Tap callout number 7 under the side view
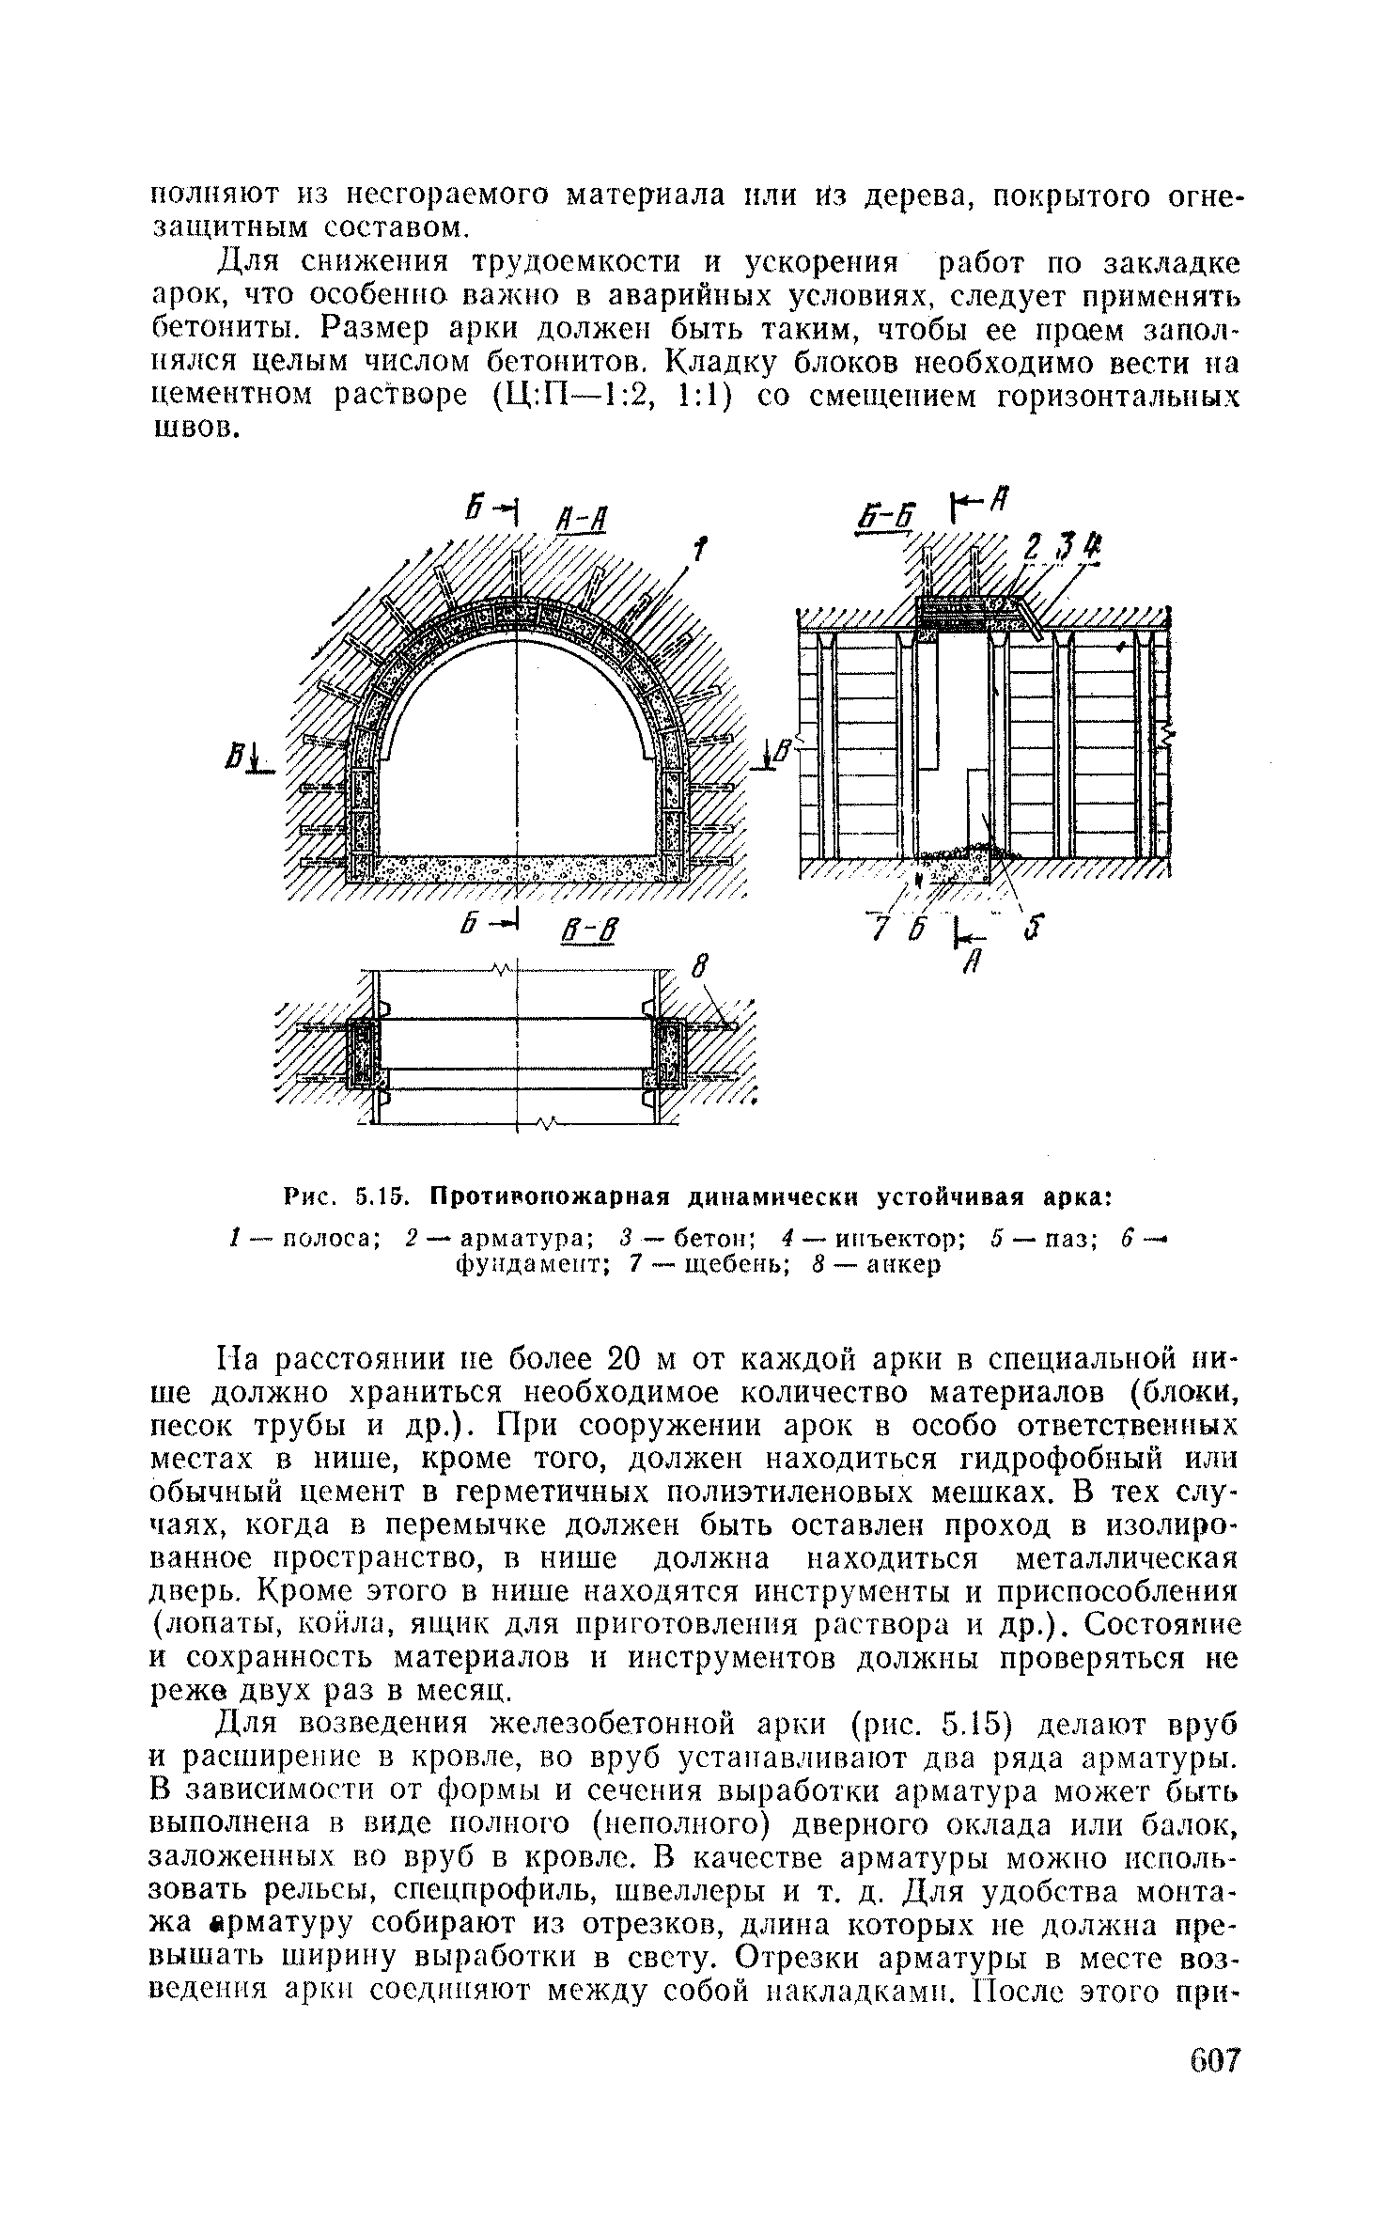coord(879,928)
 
